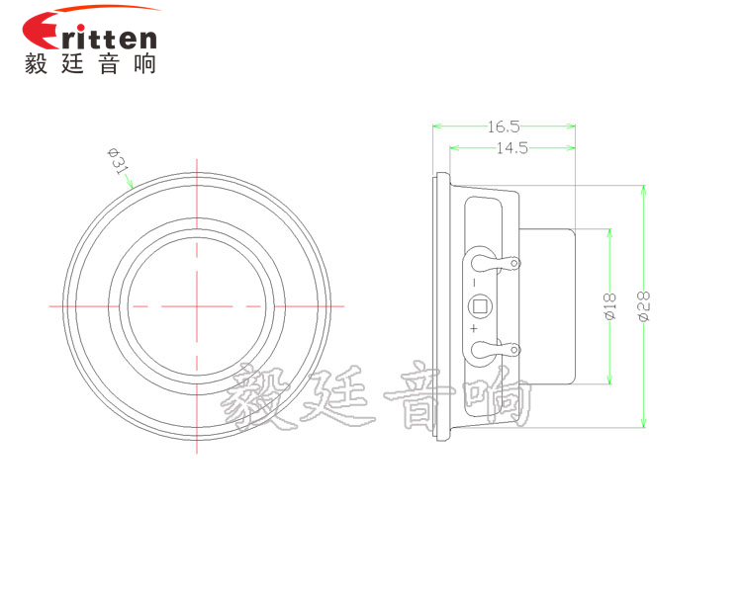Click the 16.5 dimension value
[503, 126]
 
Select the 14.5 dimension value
[511, 148]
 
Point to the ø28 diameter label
[644, 306]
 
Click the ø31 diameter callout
[119, 161]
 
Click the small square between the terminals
[480, 305]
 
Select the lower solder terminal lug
[495, 348]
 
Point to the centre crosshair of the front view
[197, 305]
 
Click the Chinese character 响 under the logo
[141, 64]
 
